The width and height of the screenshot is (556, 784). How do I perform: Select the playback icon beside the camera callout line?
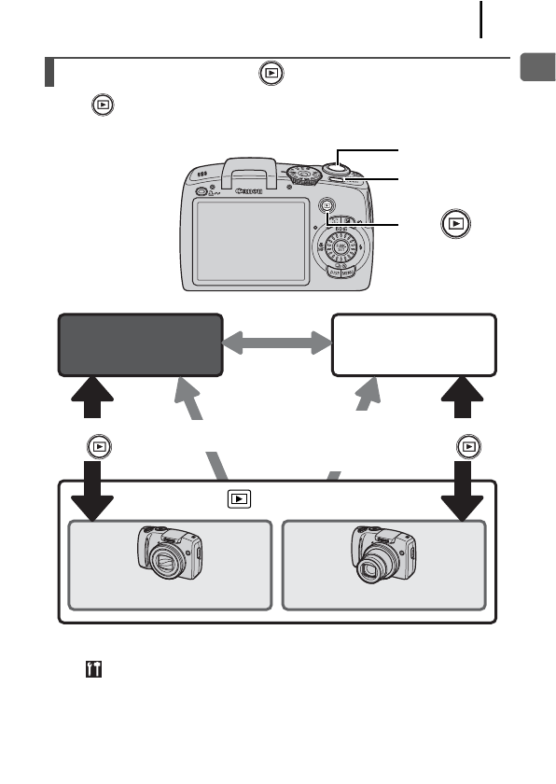pos(456,224)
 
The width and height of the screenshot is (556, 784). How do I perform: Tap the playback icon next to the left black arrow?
pos(97,447)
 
